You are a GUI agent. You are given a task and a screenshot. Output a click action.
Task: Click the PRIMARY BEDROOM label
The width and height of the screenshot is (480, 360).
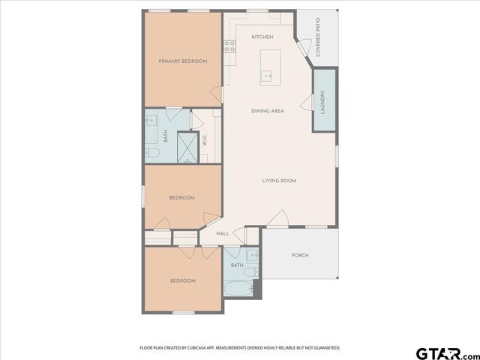(182, 61)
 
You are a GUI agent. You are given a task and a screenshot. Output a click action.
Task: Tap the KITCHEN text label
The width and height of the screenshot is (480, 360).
(262, 37)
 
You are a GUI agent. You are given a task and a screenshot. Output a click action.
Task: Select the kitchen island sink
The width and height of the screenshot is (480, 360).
(266, 75)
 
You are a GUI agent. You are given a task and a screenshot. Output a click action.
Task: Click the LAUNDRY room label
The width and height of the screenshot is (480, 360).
(322, 100)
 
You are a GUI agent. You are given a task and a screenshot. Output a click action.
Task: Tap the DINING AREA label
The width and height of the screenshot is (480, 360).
(267, 111)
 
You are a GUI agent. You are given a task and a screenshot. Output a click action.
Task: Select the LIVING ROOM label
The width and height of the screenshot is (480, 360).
(279, 180)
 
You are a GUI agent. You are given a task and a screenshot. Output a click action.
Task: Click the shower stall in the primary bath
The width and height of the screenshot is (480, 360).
(187, 148)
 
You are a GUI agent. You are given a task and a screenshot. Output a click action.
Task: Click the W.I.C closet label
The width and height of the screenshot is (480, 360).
(204, 140)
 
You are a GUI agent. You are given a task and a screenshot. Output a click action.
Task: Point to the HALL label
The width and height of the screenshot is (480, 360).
(222, 233)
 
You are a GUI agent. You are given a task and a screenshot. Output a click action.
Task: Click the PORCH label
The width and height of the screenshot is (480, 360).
(300, 255)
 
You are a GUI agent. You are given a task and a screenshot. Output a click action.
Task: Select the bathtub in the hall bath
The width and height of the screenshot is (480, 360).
(240, 288)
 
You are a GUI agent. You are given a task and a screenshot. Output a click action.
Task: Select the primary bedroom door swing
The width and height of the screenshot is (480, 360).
(216, 94)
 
